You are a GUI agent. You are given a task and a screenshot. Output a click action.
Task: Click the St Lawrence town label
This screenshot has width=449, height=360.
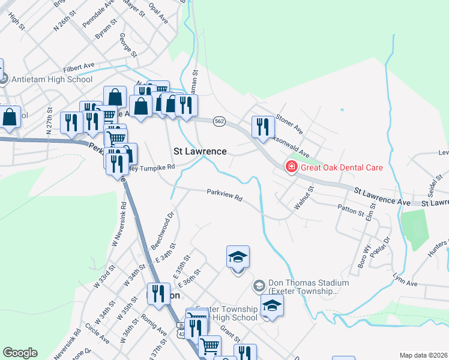tap(200, 151)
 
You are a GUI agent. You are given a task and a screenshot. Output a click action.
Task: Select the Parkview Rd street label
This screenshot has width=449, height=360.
tap(224, 196)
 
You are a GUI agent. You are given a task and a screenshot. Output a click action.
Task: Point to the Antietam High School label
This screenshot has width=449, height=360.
tap(54, 79)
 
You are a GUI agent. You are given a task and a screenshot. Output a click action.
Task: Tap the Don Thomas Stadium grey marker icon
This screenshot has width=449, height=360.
tap(259, 286)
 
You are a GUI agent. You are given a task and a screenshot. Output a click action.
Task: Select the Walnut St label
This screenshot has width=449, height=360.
tap(304, 198)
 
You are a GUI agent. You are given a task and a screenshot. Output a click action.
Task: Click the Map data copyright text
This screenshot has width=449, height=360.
tap(424, 355)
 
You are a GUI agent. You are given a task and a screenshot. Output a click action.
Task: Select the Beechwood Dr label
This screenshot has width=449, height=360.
tap(161, 229)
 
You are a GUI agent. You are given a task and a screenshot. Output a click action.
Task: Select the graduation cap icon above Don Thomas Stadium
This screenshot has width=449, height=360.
tap(238, 257)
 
